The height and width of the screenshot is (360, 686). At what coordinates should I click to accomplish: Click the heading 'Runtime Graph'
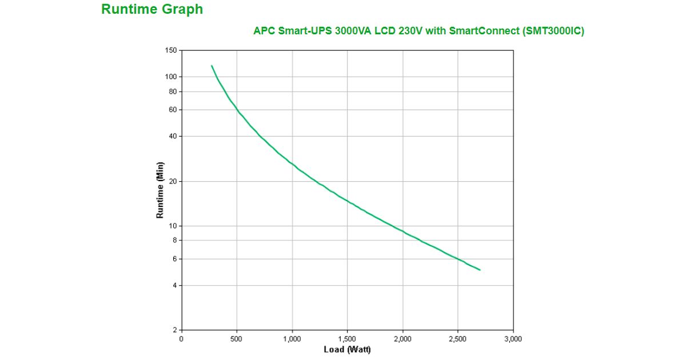tap(151, 9)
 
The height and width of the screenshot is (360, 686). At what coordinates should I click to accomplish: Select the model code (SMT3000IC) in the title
tap(553, 31)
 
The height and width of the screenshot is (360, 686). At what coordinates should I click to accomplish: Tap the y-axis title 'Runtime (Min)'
tap(160, 190)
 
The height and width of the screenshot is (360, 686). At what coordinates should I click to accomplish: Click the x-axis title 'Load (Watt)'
tap(347, 349)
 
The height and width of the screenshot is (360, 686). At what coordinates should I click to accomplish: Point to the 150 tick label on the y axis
tap(170, 50)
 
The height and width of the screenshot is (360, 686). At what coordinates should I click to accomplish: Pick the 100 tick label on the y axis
tap(170, 77)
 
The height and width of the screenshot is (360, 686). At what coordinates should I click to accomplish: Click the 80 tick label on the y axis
tap(172, 91)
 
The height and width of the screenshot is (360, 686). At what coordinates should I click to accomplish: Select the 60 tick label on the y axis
tap(172, 110)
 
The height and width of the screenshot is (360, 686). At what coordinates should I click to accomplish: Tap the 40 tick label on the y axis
tap(172, 136)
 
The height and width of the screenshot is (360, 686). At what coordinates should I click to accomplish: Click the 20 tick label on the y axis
tap(172, 181)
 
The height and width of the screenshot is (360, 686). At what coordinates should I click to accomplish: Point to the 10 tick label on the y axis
tap(172, 226)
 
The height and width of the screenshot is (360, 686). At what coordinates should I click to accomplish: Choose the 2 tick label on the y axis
tap(174, 330)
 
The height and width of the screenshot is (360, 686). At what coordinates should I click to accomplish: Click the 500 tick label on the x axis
tap(237, 339)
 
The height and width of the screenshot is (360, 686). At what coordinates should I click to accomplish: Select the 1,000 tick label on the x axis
tap(292, 339)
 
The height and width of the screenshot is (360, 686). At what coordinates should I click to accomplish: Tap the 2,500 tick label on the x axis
tap(458, 339)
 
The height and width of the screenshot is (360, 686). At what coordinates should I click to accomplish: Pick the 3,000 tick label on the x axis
tap(513, 339)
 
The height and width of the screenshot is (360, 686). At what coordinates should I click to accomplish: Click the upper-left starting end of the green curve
tap(212, 66)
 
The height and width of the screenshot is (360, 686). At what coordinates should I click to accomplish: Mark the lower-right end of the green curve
tap(480, 270)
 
